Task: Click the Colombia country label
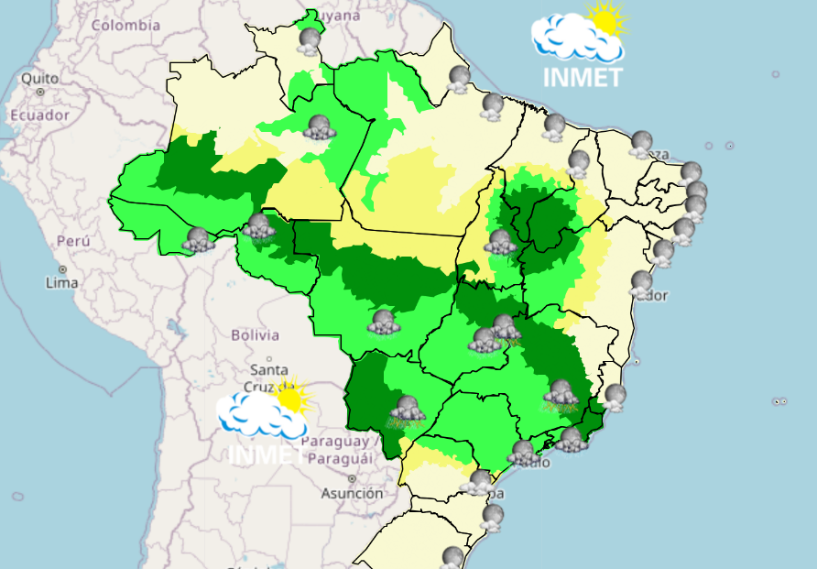[125, 25]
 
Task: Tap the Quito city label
[40, 78]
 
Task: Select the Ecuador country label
[39, 115]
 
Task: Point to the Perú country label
[72, 241]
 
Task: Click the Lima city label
[61, 283]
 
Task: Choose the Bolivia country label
[255, 334]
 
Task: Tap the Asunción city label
[352, 493]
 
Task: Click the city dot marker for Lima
[62, 269]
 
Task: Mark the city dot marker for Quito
[40, 92]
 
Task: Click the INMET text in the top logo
[583, 76]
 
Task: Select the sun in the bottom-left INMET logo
[292, 396]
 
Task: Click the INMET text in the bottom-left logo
[266, 453]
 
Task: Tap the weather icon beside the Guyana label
[310, 40]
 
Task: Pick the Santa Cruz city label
[268, 378]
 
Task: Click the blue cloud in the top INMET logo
[572, 39]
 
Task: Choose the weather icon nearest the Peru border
[197, 240]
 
